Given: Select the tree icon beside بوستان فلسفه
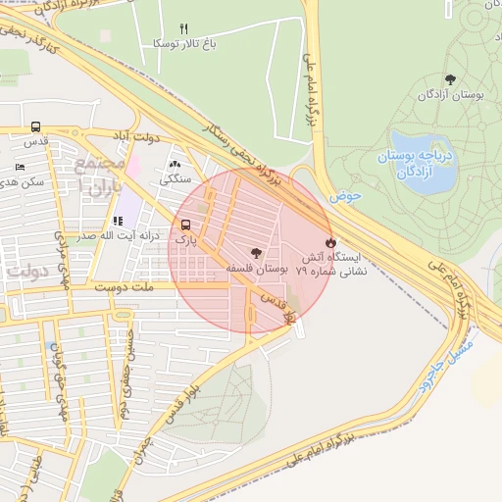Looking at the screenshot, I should (x=257, y=252).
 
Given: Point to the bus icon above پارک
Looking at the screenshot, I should (x=186, y=224).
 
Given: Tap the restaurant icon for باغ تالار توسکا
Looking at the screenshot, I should (x=183, y=28).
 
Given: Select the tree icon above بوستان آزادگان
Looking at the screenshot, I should (x=450, y=79).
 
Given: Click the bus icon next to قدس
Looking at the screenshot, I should (x=36, y=126).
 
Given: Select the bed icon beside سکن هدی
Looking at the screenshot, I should (x=20, y=168).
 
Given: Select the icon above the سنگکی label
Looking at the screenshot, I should (x=175, y=165).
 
